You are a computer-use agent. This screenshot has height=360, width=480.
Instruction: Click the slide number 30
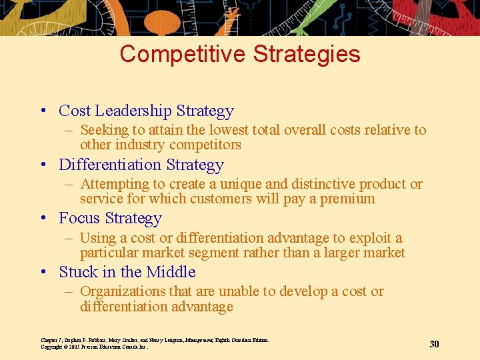[x=434, y=344]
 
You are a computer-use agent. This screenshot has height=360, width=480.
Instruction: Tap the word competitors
[x=205, y=145]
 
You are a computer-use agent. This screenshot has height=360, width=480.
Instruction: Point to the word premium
[x=347, y=199]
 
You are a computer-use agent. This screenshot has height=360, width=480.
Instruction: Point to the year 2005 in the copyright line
[x=74, y=347]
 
